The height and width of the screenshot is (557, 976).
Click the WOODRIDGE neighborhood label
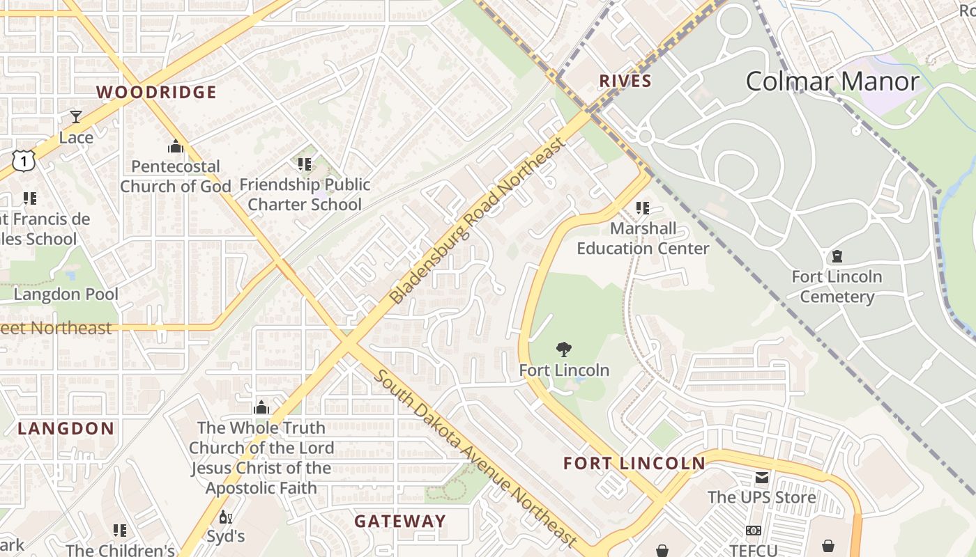(156, 92)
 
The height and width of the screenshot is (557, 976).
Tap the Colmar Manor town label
(832, 81)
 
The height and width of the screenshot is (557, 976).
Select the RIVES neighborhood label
(625, 81)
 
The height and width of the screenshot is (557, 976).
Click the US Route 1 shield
(23, 161)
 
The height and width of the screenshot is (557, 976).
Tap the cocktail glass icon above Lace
(76, 117)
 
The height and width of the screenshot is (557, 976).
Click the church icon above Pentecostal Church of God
(175, 146)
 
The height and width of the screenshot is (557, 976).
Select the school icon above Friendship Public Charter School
(305, 164)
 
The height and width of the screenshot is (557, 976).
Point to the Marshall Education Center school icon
(643, 208)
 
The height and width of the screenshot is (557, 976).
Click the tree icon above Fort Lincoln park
(564, 350)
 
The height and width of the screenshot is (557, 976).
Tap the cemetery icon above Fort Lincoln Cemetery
(837, 256)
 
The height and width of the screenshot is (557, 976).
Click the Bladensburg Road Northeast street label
(476, 221)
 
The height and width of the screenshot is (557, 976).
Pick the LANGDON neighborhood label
(66, 428)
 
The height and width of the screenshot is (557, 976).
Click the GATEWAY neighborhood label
(400, 521)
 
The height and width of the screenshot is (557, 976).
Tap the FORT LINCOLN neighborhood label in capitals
(634, 463)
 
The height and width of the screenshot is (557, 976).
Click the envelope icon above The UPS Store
(761, 478)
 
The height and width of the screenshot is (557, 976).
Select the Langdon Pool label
(66, 295)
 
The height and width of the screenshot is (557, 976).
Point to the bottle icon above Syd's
(225, 517)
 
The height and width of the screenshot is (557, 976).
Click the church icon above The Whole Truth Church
(261, 407)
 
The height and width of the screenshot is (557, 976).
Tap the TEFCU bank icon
(753, 531)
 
